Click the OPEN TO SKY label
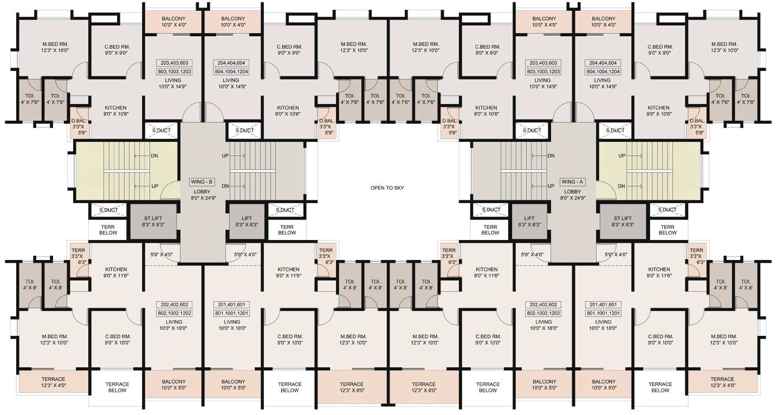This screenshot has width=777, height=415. point(387,188)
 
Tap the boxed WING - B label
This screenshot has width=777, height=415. point(202,182)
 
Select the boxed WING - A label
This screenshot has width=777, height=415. point(572,182)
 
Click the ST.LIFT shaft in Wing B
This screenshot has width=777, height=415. point(153,221)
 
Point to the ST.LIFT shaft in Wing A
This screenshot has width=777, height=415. point(623,221)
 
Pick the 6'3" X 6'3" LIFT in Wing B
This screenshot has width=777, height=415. point(247,221)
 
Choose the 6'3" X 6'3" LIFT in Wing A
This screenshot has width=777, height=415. point(529,221)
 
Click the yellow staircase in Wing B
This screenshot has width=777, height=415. point(127,171)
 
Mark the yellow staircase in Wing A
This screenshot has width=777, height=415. point(649,171)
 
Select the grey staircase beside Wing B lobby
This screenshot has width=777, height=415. point(267,171)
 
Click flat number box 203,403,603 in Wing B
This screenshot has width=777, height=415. point(174,63)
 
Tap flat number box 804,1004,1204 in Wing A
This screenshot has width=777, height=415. point(603,72)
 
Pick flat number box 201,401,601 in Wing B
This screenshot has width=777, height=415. point(231,305)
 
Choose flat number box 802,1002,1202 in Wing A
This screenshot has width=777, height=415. point(543,313)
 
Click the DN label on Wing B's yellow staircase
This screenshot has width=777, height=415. point(154,156)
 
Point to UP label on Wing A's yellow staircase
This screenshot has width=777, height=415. point(621,156)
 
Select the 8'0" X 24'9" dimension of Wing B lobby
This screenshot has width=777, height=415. point(203,198)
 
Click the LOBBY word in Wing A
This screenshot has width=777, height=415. point(572,192)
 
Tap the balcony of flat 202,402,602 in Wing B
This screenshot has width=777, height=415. point(173,385)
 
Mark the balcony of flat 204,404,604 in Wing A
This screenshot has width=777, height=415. point(604,22)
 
